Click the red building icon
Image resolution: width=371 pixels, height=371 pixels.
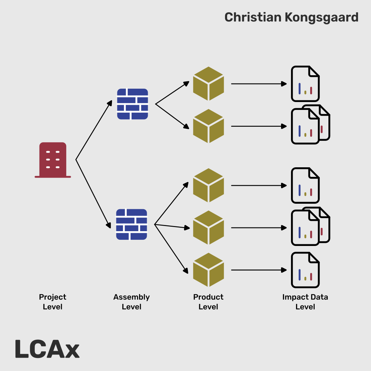point(53,160)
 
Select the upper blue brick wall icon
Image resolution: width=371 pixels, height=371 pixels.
point(133,104)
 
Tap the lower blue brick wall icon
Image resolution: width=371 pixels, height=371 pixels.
point(132,224)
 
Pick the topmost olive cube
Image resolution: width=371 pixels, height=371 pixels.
point(209,83)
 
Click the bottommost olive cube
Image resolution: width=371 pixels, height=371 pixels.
point(209,270)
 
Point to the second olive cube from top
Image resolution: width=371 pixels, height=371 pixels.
point(209,126)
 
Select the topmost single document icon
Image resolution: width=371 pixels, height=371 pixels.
point(305,84)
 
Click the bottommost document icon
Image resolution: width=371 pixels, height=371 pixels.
point(305,270)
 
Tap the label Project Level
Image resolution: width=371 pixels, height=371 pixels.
point(53,302)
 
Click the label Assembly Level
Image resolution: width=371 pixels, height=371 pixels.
point(132,302)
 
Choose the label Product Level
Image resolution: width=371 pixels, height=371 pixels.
point(208,302)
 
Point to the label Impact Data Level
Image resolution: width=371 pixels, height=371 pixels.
point(305,302)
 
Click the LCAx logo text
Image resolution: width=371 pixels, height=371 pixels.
point(47,349)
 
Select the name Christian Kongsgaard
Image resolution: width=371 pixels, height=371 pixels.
point(291,17)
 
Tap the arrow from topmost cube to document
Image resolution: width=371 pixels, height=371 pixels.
point(258,84)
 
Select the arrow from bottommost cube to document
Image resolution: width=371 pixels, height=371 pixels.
point(258,270)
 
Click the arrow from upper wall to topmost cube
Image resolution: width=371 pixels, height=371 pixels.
point(172,93)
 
